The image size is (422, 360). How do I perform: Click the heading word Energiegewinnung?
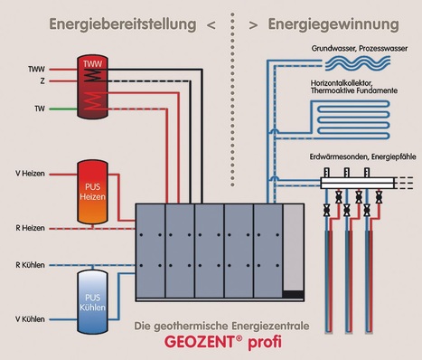(311, 21)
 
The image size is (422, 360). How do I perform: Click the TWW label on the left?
(35, 67)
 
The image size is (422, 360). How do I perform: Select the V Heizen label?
(31, 173)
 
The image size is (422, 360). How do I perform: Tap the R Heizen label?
(31, 229)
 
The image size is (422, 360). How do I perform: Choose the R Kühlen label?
(31, 263)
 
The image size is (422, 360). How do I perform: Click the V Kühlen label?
(31, 319)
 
